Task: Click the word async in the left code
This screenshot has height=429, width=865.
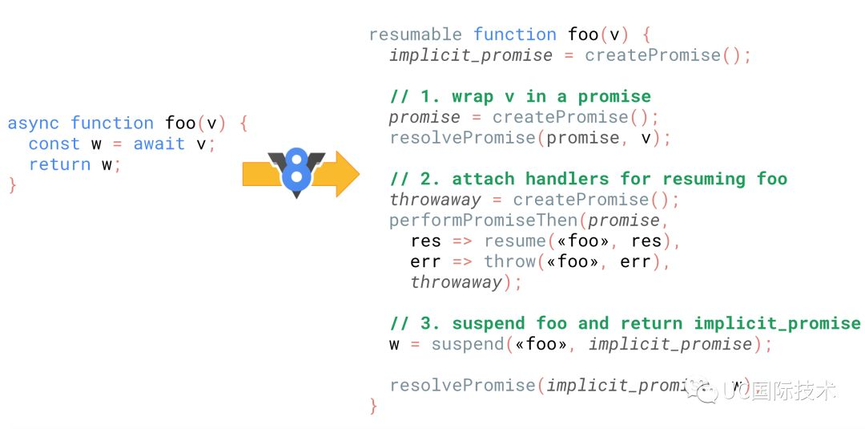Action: point(33,123)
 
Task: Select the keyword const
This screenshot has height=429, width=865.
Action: point(54,144)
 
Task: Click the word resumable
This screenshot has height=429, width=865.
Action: point(415,34)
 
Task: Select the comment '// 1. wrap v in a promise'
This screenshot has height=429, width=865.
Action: point(520,97)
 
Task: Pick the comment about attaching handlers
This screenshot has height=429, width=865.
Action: point(588,179)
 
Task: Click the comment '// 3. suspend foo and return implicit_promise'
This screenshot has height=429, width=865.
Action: point(625,323)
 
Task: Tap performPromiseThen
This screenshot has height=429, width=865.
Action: point(483,221)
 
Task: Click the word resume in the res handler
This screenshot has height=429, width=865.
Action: point(514,241)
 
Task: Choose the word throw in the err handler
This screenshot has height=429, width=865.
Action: point(509,262)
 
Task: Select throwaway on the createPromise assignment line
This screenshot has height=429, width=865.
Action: point(435,200)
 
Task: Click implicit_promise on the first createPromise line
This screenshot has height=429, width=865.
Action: point(471,55)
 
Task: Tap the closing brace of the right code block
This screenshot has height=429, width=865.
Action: point(373,406)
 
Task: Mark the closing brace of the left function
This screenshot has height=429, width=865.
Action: point(12,185)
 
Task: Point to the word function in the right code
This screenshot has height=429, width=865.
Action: point(514,34)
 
